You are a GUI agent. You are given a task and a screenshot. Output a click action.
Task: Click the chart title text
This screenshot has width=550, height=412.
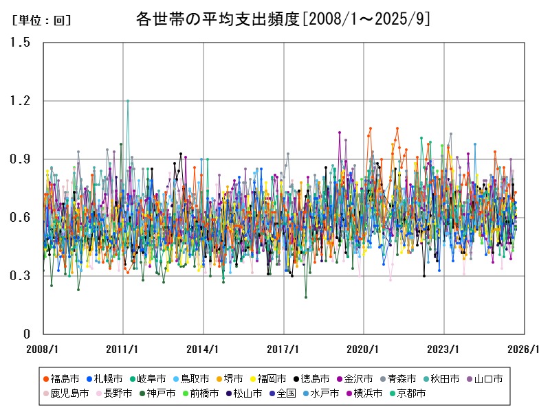coord(283,19)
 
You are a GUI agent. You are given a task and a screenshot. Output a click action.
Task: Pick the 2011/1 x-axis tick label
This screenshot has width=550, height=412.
coord(123,349)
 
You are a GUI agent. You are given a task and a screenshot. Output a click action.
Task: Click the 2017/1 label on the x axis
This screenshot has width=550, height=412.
coord(284,349)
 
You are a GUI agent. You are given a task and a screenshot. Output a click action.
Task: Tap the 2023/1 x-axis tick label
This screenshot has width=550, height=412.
coord(444,349)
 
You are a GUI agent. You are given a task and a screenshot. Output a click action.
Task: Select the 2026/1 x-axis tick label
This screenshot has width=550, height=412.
coord(525,349)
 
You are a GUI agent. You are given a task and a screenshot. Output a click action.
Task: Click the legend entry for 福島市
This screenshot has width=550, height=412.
coord(60,379)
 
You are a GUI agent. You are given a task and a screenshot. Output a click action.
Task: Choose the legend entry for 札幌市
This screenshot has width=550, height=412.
coord(104,379)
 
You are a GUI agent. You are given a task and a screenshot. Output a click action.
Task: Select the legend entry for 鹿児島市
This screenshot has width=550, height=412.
coord(65,393)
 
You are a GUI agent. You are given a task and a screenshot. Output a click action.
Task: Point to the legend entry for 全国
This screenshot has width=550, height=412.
coord(281,393)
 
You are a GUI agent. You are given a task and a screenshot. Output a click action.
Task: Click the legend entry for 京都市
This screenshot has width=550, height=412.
coord(406,393)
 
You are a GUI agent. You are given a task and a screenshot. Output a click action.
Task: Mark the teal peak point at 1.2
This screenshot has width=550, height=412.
coord(127,101)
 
